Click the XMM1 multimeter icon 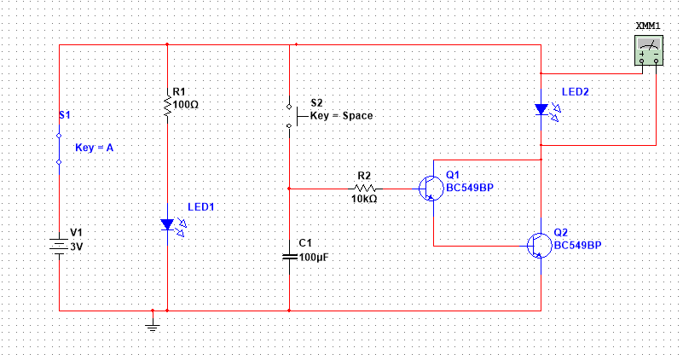pyautogui.click(x=649, y=51)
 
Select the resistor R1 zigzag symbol pyautogui.click(x=167, y=105)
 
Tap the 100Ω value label pyautogui.click(x=186, y=104)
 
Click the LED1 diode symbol pyautogui.click(x=167, y=224)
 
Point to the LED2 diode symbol pyautogui.click(x=541, y=109)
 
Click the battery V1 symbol pyautogui.click(x=59, y=245)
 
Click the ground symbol pyautogui.click(x=152, y=321)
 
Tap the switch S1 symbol pyautogui.click(x=59, y=148)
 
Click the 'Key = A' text pyautogui.click(x=94, y=148)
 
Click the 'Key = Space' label pyautogui.click(x=341, y=115)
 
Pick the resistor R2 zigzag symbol pyautogui.click(x=365, y=188)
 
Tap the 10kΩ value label pyautogui.click(x=365, y=199)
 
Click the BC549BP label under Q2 pyautogui.click(x=577, y=244)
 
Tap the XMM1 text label pyautogui.click(x=649, y=27)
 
